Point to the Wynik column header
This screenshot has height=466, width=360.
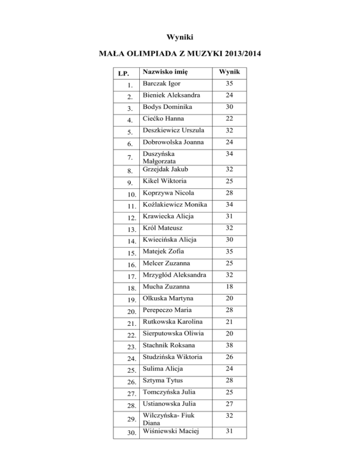(x=226, y=72)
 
